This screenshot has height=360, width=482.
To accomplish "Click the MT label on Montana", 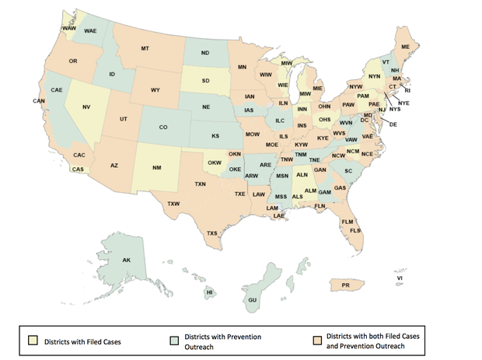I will pyautogui.click(x=145, y=49).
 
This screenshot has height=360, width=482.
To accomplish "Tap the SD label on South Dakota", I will pyautogui.click(x=206, y=80).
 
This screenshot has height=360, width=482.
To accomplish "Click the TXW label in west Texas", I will pyautogui.click(x=173, y=204).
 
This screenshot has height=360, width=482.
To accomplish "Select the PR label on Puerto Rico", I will pyautogui.click(x=346, y=286).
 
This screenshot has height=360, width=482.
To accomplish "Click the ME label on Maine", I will pyautogui.click(x=404, y=47).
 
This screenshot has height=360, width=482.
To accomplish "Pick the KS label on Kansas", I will pyautogui.click(x=215, y=136).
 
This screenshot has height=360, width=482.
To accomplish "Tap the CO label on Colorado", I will pyautogui.click(x=162, y=127).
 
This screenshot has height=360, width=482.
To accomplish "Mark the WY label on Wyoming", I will pyautogui.click(x=155, y=90).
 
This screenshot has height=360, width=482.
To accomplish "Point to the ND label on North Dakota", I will pyautogui.click(x=205, y=53).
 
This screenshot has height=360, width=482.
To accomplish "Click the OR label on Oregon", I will pyautogui.click(x=72, y=61).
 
